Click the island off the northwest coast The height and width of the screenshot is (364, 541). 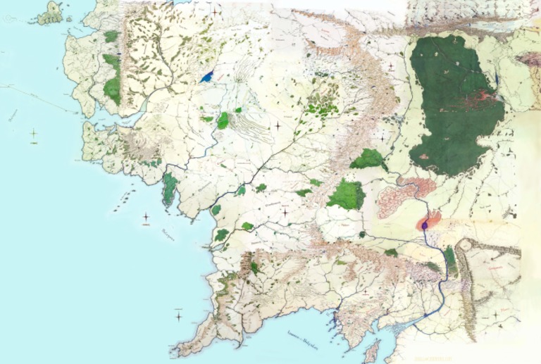pos(51,13)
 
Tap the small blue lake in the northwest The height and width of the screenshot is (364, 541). pos(206,77)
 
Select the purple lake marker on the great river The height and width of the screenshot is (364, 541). pos(425,225)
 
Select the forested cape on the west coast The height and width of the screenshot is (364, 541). pos(169,189)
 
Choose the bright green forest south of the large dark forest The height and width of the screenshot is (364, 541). pos(346,194)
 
